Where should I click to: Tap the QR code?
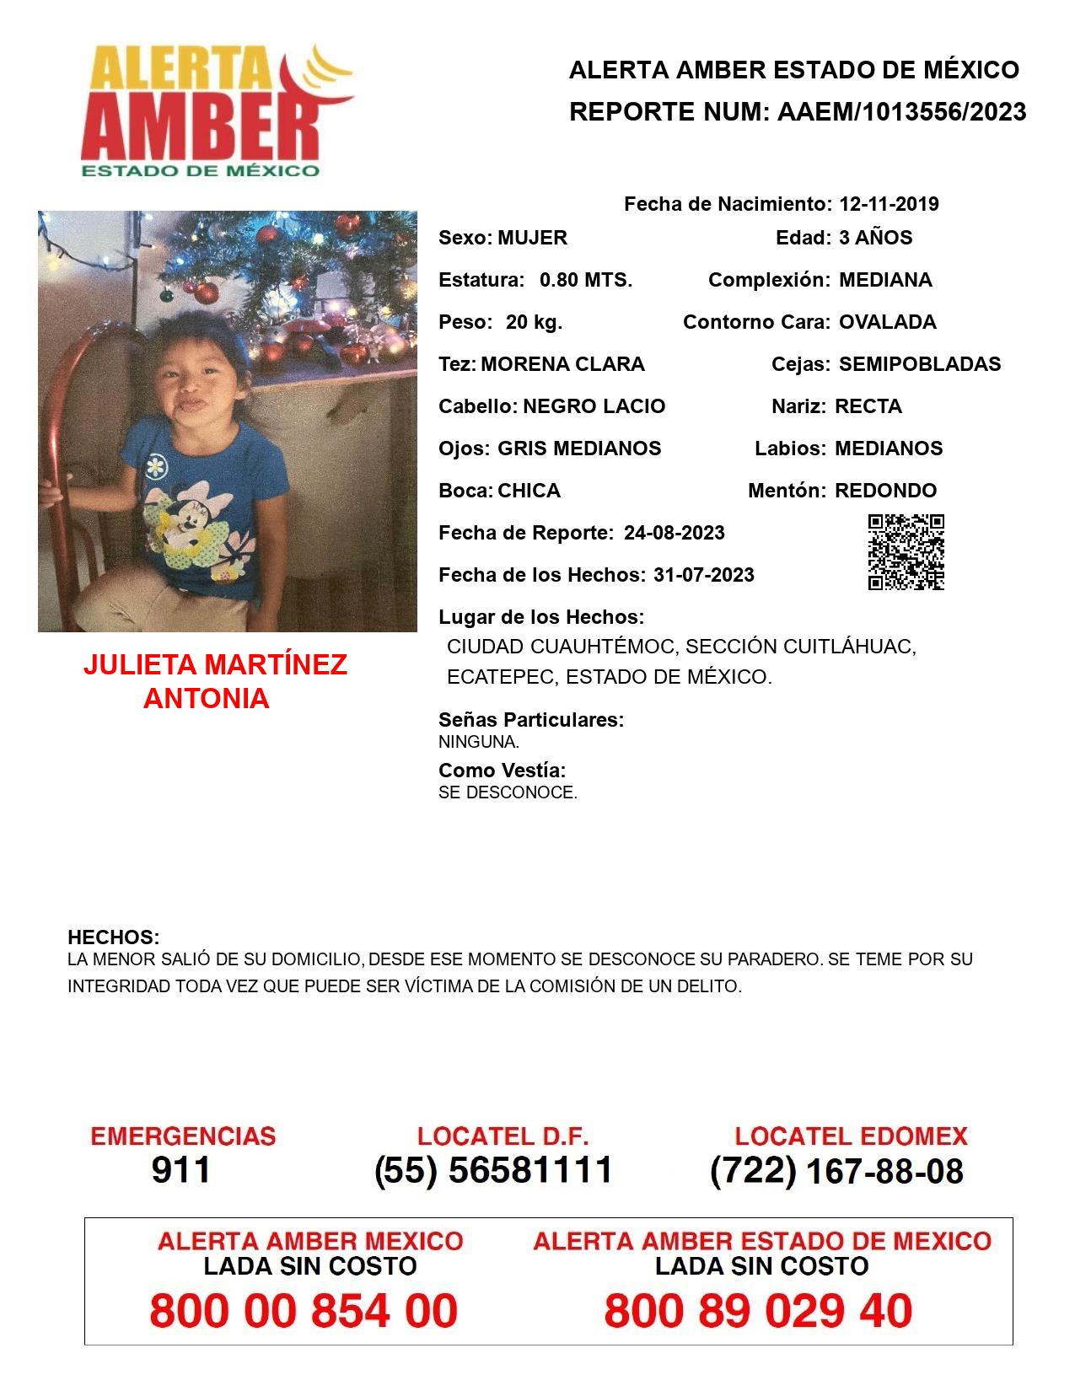[x=906, y=552]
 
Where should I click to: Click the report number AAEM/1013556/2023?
[x=900, y=112]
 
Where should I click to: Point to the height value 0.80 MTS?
[x=585, y=280]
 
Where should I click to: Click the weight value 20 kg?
[x=534, y=322]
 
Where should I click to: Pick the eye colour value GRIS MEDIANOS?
[x=579, y=448]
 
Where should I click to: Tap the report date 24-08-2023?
[x=674, y=533]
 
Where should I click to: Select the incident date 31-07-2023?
[x=703, y=575]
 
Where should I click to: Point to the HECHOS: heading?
[x=113, y=937]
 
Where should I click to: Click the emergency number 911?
[x=181, y=1170]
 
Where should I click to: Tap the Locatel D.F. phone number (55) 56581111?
[x=493, y=1170]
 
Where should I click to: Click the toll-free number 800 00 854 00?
[x=304, y=1311]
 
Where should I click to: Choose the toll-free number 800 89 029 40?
[x=758, y=1311]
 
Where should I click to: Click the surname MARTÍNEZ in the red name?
[x=276, y=665]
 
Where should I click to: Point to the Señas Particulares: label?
[x=530, y=720]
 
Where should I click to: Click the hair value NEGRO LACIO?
[x=594, y=406]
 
